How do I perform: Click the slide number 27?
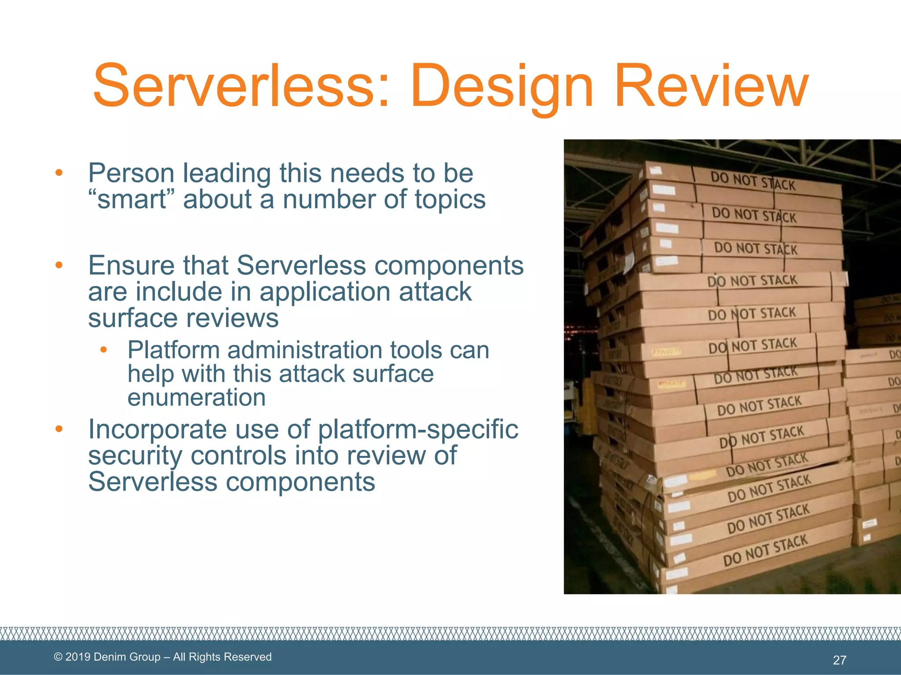click(839, 660)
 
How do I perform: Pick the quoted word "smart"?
click(131, 199)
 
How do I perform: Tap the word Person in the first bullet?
click(131, 173)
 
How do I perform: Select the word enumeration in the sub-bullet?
click(196, 397)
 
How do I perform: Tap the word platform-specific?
click(418, 430)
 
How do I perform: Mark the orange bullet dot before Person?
click(59, 173)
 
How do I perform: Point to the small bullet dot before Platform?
click(103, 350)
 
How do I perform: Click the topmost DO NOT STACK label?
click(753, 181)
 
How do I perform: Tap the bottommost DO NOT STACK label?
click(765, 550)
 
